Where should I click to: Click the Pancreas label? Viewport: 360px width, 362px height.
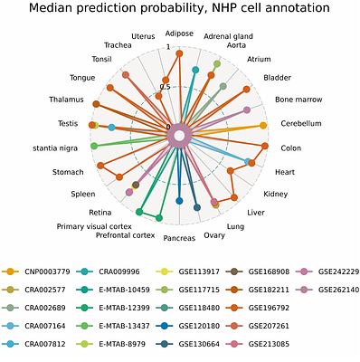[x=179, y=239]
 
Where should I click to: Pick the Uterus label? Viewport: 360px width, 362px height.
[x=144, y=36]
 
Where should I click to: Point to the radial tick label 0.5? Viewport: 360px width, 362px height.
[x=164, y=87]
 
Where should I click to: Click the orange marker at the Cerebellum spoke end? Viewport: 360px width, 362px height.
[x=263, y=126]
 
